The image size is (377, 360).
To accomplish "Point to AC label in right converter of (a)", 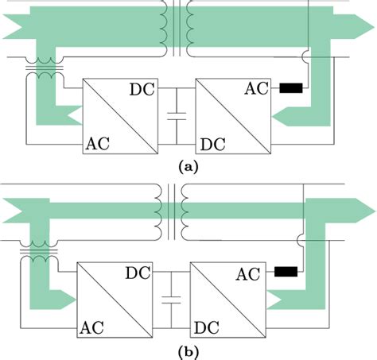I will point(258,91).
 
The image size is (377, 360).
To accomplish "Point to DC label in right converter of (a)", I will point(210,143).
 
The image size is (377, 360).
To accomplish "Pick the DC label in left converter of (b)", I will point(140,273).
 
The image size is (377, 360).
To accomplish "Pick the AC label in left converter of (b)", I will point(93,326).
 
